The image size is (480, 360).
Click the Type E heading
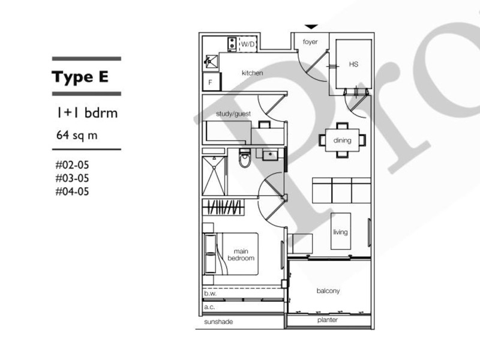[80, 77]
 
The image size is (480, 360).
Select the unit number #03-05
[72, 178]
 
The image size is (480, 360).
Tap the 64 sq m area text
[77, 135]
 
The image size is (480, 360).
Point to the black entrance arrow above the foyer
[311, 27]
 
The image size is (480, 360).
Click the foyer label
[310, 41]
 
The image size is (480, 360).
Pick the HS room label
[353, 64]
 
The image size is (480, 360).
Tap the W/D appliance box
[247, 44]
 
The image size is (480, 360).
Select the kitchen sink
[211, 62]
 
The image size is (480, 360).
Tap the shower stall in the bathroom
[214, 176]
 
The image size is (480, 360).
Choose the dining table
[342, 140]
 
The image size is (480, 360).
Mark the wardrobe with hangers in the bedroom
[223, 207]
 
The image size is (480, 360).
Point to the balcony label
[328, 291]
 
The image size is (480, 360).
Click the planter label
[328, 320]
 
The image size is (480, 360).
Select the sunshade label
[218, 322]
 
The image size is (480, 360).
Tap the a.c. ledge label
[209, 307]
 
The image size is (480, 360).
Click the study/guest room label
[233, 114]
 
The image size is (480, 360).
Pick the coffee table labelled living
[341, 231]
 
